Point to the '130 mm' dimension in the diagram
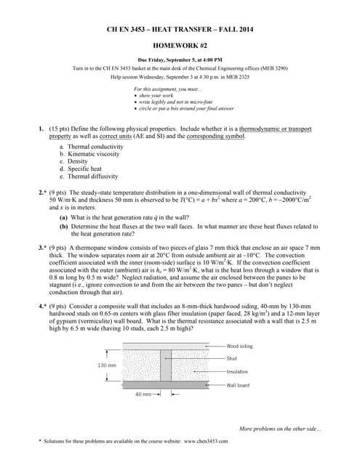point(106,365)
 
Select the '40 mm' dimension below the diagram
point(143,395)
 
